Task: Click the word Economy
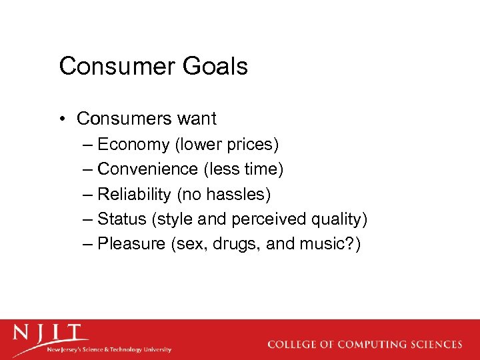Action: (133, 145)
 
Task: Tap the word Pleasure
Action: (131, 243)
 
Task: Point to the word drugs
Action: (235, 243)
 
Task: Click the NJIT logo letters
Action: (51, 334)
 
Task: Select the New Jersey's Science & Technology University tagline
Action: (109, 349)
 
